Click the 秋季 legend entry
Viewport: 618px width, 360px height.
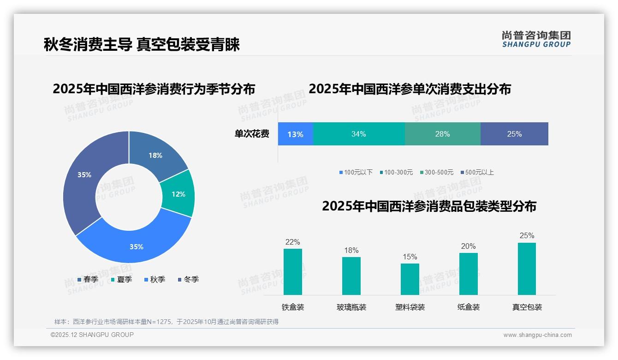(154, 279)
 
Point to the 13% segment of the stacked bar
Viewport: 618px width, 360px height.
(295, 134)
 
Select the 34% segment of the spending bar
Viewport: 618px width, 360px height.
(358, 134)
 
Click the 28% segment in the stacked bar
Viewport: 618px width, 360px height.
(442, 134)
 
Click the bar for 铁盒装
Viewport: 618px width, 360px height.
(293, 272)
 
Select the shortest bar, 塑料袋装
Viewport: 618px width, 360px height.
(410, 279)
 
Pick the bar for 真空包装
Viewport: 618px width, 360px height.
(527, 269)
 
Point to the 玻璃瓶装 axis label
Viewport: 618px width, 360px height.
(351, 307)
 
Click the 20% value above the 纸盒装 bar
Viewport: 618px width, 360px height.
(468, 246)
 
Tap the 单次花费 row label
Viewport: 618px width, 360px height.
(252, 134)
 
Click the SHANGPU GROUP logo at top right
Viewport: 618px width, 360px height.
(536, 39)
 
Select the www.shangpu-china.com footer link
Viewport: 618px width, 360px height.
(537, 335)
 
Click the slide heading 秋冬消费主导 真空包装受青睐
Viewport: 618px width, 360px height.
(142, 45)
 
